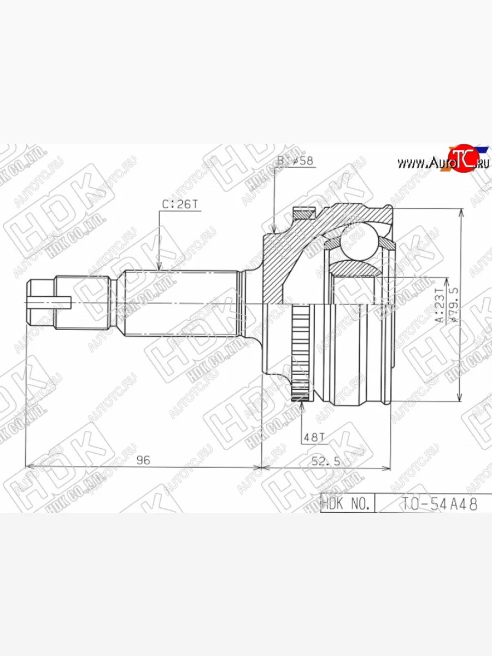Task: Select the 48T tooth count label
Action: point(314,438)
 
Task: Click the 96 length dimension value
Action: point(143,460)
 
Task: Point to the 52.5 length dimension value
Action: point(326,461)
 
